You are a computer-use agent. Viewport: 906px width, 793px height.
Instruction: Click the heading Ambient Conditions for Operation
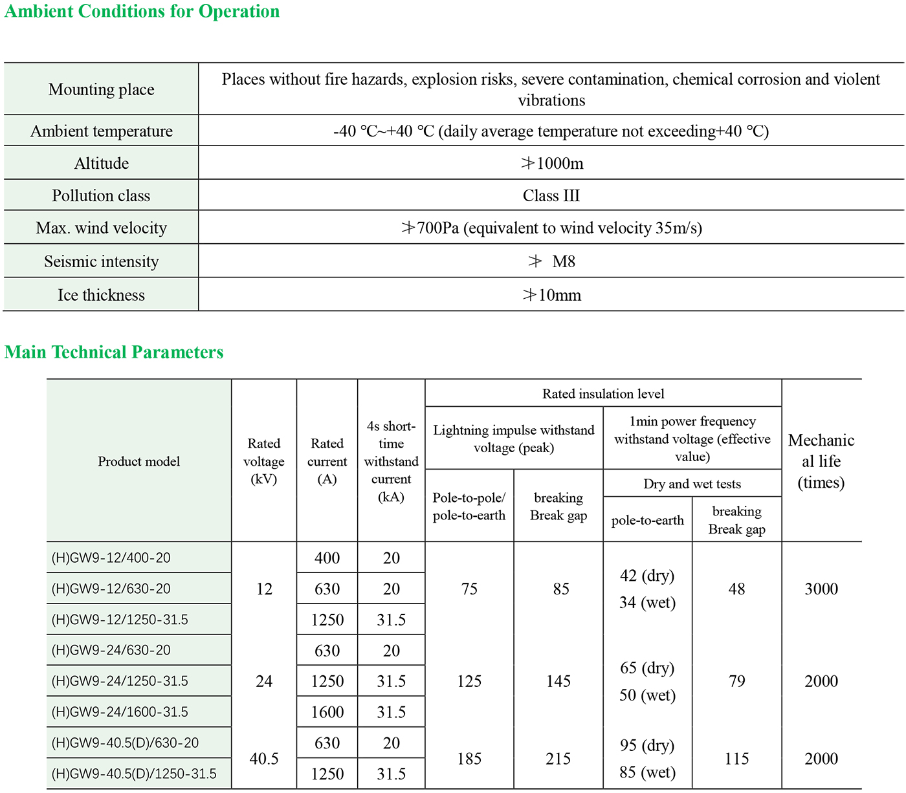[142, 12]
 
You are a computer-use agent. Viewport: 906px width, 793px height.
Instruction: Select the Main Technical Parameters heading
[114, 352]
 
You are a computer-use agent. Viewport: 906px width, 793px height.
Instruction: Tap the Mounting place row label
[102, 89]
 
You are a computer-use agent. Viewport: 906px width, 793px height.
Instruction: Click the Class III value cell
[551, 195]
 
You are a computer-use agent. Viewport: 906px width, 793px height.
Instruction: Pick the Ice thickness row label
[102, 295]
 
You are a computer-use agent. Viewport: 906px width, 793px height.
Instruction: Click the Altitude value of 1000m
[552, 164]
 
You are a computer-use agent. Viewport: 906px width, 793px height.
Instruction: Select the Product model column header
[138, 461]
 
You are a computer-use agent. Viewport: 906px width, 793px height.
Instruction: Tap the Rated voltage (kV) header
[263, 461]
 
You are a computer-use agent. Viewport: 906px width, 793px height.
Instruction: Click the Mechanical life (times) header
[821, 461]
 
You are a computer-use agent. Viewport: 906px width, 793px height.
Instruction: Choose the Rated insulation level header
[603, 393]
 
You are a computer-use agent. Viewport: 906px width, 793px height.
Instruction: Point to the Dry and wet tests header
[692, 484]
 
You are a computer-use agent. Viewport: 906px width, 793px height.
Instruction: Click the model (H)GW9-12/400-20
[111, 558]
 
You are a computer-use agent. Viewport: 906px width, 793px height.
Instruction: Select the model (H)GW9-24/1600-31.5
[120, 712]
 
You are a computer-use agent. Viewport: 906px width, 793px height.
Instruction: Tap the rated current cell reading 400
[327, 558]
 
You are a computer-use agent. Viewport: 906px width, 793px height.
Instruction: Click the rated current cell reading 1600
[327, 712]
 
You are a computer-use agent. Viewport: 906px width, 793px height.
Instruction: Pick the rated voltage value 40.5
[264, 759]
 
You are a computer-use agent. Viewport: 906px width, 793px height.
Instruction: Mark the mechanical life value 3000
[821, 589]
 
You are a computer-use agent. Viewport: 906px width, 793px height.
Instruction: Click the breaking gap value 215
[558, 759]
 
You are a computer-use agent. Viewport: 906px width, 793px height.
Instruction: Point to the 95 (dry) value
[647, 745]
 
